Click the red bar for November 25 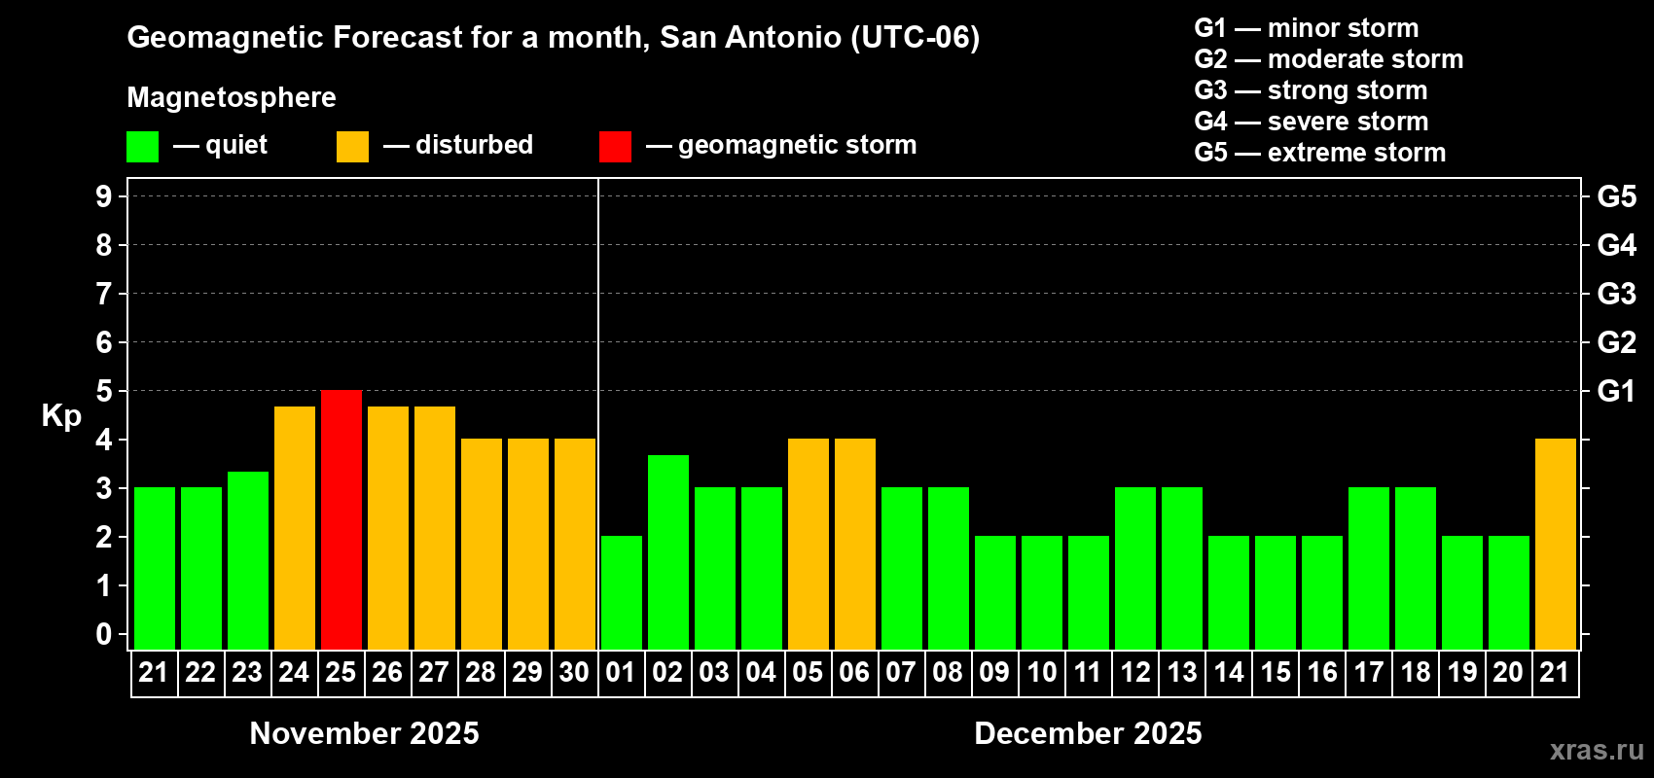tap(342, 519)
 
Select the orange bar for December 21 tap(1556, 544)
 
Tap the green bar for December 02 tap(668, 551)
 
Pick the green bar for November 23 tap(248, 560)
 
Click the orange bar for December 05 tap(809, 544)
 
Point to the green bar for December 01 tap(622, 592)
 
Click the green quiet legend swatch tap(143, 147)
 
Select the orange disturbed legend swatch tap(352, 147)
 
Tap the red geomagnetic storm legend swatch tap(615, 147)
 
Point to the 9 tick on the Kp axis tap(104, 196)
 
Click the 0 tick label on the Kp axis tap(104, 635)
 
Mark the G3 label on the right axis tap(1616, 294)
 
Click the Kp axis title tap(61, 416)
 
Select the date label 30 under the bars tap(574, 673)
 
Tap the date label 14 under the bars tap(1229, 673)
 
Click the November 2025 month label tap(364, 733)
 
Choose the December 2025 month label tap(1088, 733)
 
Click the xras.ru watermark tap(1597, 750)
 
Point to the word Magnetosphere tap(232, 97)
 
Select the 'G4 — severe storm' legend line tap(1311, 122)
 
